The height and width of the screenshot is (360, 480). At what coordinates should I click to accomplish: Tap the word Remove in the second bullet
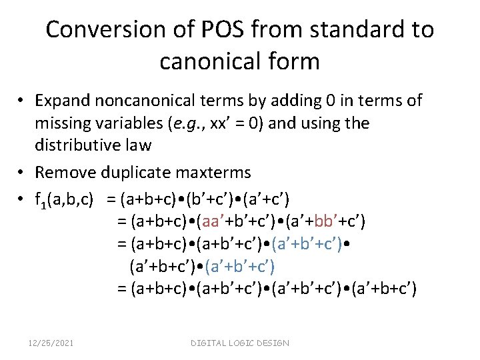pos(65,173)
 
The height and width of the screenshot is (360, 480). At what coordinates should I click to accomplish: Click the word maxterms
pos(214,173)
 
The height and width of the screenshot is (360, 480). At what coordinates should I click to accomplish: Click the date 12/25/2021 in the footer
pos(51,343)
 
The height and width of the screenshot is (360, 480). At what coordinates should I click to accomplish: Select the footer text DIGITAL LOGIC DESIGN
pos(240,343)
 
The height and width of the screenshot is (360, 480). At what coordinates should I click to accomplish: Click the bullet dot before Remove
pos(22,173)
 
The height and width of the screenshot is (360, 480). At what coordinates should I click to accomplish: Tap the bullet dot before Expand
pos(22,101)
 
